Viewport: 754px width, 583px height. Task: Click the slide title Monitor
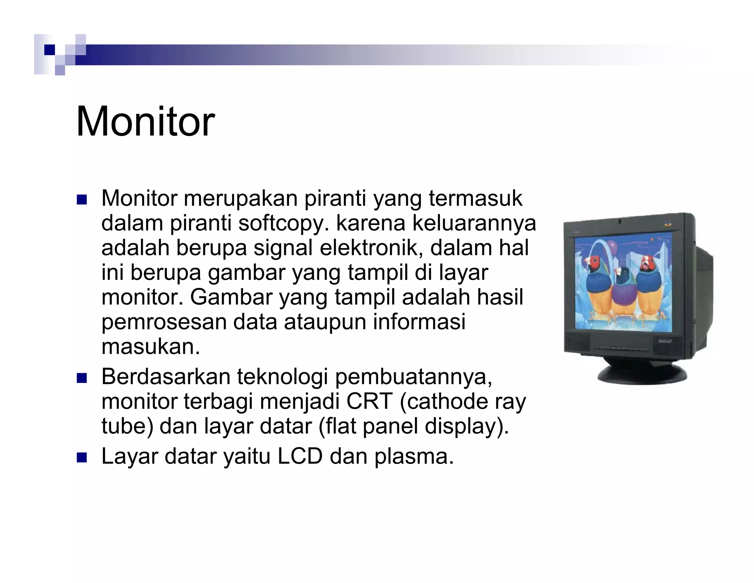click(145, 122)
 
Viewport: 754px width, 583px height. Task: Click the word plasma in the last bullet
click(414, 456)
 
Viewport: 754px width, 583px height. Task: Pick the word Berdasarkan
click(166, 377)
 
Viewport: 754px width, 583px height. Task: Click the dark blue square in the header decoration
click(49, 49)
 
